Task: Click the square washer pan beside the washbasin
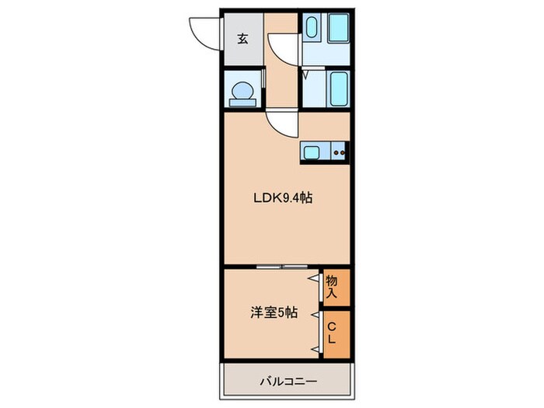pyautogui.click(x=337, y=30)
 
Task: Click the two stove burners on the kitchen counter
pyautogui.click(x=340, y=152)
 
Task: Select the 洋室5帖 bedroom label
pyautogui.click(x=272, y=313)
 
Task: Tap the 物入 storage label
pyautogui.click(x=332, y=287)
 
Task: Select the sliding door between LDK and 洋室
pyautogui.click(x=282, y=267)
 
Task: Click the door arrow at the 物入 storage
pyautogui.click(x=316, y=278)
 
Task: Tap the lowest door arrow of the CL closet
pyautogui.click(x=316, y=350)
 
